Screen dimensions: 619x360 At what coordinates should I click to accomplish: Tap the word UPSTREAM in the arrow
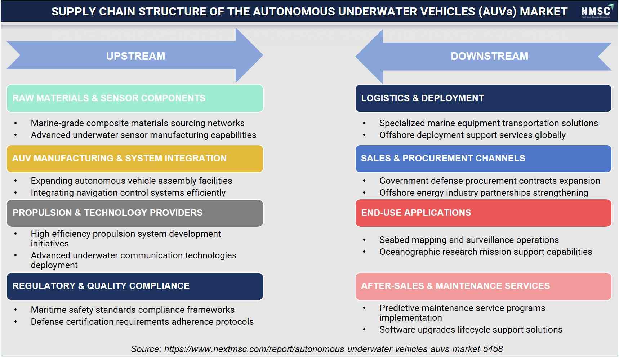(x=135, y=56)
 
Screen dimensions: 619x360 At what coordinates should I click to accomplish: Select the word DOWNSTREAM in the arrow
(x=489, y=56)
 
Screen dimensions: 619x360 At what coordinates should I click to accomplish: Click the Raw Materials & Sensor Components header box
(x=135, y=98)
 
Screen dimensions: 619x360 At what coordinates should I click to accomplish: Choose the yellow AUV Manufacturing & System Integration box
(x=135, y=159)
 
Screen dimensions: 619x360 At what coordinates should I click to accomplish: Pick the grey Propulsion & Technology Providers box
(x=135, y=213)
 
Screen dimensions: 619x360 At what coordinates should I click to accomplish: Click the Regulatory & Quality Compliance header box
(x=135, y=286)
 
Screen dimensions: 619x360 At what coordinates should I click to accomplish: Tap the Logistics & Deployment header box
(x=483, y=98)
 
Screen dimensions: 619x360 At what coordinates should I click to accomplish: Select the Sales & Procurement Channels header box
(x=483, y=159)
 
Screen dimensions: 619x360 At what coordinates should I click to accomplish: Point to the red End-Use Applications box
(x=483, y=213)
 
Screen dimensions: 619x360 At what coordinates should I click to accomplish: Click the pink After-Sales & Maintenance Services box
(x=483, y=286)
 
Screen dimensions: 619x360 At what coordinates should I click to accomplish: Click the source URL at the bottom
(x=333, y=349)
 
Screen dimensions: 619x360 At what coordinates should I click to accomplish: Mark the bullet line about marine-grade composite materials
(x=138, y=123)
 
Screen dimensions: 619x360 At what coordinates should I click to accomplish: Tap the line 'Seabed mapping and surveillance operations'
(x=469, y=240)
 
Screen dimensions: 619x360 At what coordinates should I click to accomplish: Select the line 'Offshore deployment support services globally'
(x=472, y=135)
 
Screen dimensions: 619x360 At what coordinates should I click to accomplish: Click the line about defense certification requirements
(x=142, y=322)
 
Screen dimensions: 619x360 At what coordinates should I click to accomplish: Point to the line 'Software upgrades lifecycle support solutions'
(x=471, y=330)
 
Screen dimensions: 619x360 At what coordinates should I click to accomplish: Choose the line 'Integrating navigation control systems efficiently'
(x=128, y=193)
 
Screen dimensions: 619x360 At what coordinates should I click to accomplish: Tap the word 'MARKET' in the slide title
(x=544, y=12)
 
